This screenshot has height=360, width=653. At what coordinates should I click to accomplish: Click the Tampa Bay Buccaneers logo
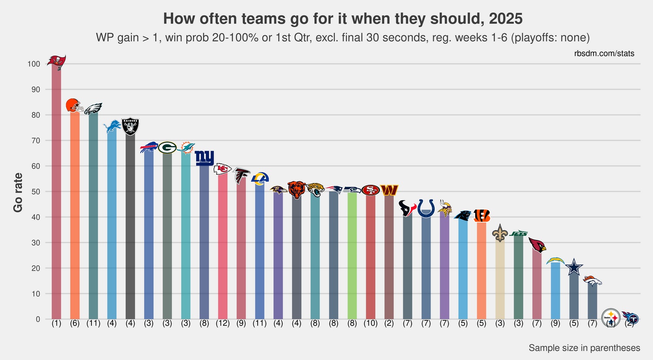(x=57, y=62)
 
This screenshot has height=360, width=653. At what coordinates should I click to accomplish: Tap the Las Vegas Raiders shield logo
(x=130, y=127)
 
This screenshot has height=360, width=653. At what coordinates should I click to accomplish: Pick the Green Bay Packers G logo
(x=167, y=148)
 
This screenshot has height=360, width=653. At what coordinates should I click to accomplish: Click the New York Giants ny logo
(x=204, y=157)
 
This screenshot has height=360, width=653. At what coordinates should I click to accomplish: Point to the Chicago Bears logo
(x=297, y=190)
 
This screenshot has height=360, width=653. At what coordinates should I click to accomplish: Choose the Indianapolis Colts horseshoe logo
(x=426, y=208)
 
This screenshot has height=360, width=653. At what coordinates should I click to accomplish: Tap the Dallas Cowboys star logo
(x=574, y=267)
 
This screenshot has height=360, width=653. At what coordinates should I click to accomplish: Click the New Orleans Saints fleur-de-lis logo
(x=500, y=233)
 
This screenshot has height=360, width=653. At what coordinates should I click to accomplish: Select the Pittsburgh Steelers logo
(x=611, y=318)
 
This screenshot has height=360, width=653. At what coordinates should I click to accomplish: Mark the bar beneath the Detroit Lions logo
(x=112, y=226)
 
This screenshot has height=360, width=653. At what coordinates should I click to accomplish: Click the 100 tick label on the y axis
(x=33, y=64)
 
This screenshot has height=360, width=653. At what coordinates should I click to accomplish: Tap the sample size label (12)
(x=223, y=323)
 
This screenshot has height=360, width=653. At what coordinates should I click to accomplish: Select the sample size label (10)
(x=371, y=323)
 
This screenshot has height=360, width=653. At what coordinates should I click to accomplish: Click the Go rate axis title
(x=18, y=192)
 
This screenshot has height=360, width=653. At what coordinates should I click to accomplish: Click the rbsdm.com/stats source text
(x=604, y=53)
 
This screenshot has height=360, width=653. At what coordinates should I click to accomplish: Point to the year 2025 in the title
(x=505, y=19)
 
